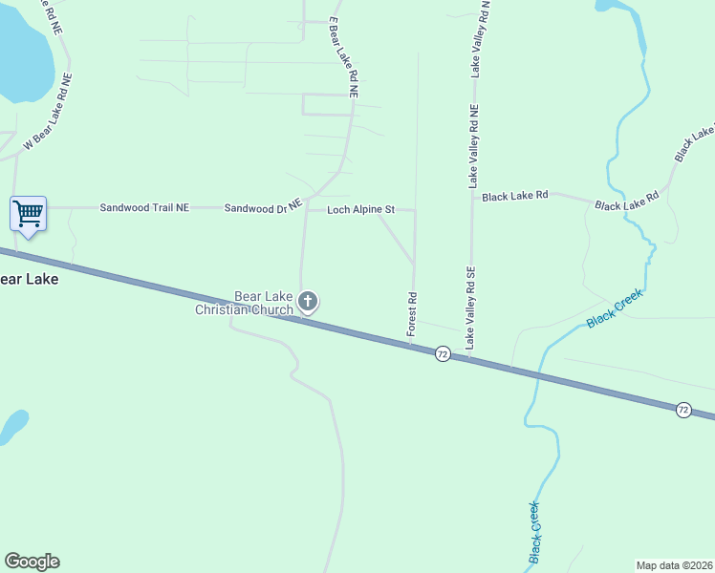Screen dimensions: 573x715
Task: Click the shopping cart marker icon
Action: pyautogui.click(x=29, y=214)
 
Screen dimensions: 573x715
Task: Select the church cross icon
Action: pyautogui.click(x=308, y=303)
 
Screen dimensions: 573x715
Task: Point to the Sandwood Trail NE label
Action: pyautogui.click(x=145, y=207)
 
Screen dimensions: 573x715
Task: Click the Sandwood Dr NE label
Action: pyautogui.click(x=263, y=207)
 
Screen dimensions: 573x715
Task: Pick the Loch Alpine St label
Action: pyautogui.click(x=361, y=209)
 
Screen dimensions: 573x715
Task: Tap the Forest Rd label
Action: pyautogui.click(x=412, y=313)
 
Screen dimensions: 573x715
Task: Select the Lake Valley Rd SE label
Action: pyautogui.click(x=470, y=308)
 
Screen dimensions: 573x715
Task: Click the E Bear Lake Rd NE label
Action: pyautogui.click(x=342, y=57)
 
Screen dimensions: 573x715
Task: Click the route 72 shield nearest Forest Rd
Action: pyautogui.click(x=442, y=353)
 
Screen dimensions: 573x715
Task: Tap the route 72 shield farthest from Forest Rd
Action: pyautogui.click(x=682, y=409)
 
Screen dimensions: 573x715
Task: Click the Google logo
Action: pyautogui.click(x=32, y=562)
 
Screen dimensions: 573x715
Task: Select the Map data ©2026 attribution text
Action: pyautogui.click(x=674, y=565)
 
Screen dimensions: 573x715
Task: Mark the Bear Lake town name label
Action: pyautogui.click(x=29, y=280)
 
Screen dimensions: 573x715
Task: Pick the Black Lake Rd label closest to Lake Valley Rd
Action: pyautogui.click(x=514, y=196)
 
